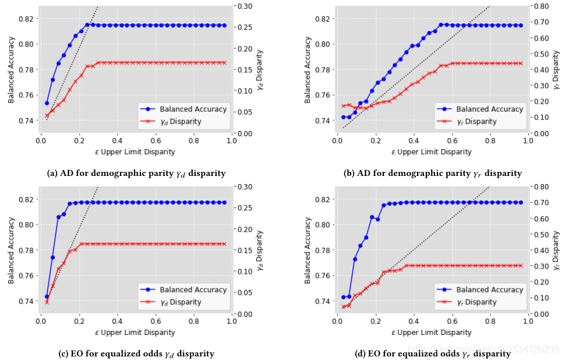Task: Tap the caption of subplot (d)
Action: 432,354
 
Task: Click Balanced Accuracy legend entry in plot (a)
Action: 185,109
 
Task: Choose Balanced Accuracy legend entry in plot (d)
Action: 481,290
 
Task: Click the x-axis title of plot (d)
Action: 432,333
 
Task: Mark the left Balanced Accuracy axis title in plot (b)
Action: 308,70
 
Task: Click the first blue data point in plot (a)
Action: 47,103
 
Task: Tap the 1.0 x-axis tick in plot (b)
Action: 528,140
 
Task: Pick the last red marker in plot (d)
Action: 520,266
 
